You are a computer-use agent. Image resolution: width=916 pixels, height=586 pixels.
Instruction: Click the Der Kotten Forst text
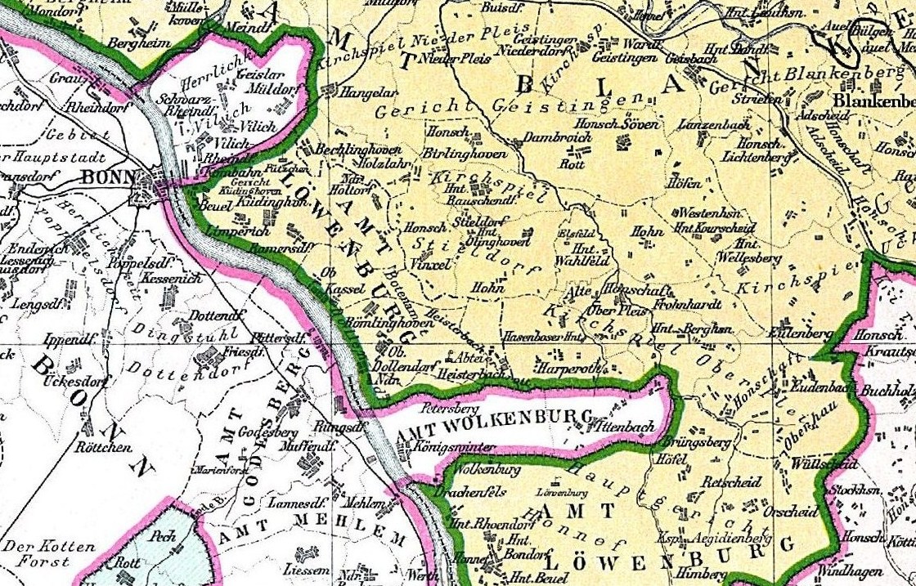[48, 552]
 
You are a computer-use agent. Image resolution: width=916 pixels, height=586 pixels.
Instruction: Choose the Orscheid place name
[790, 512]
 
